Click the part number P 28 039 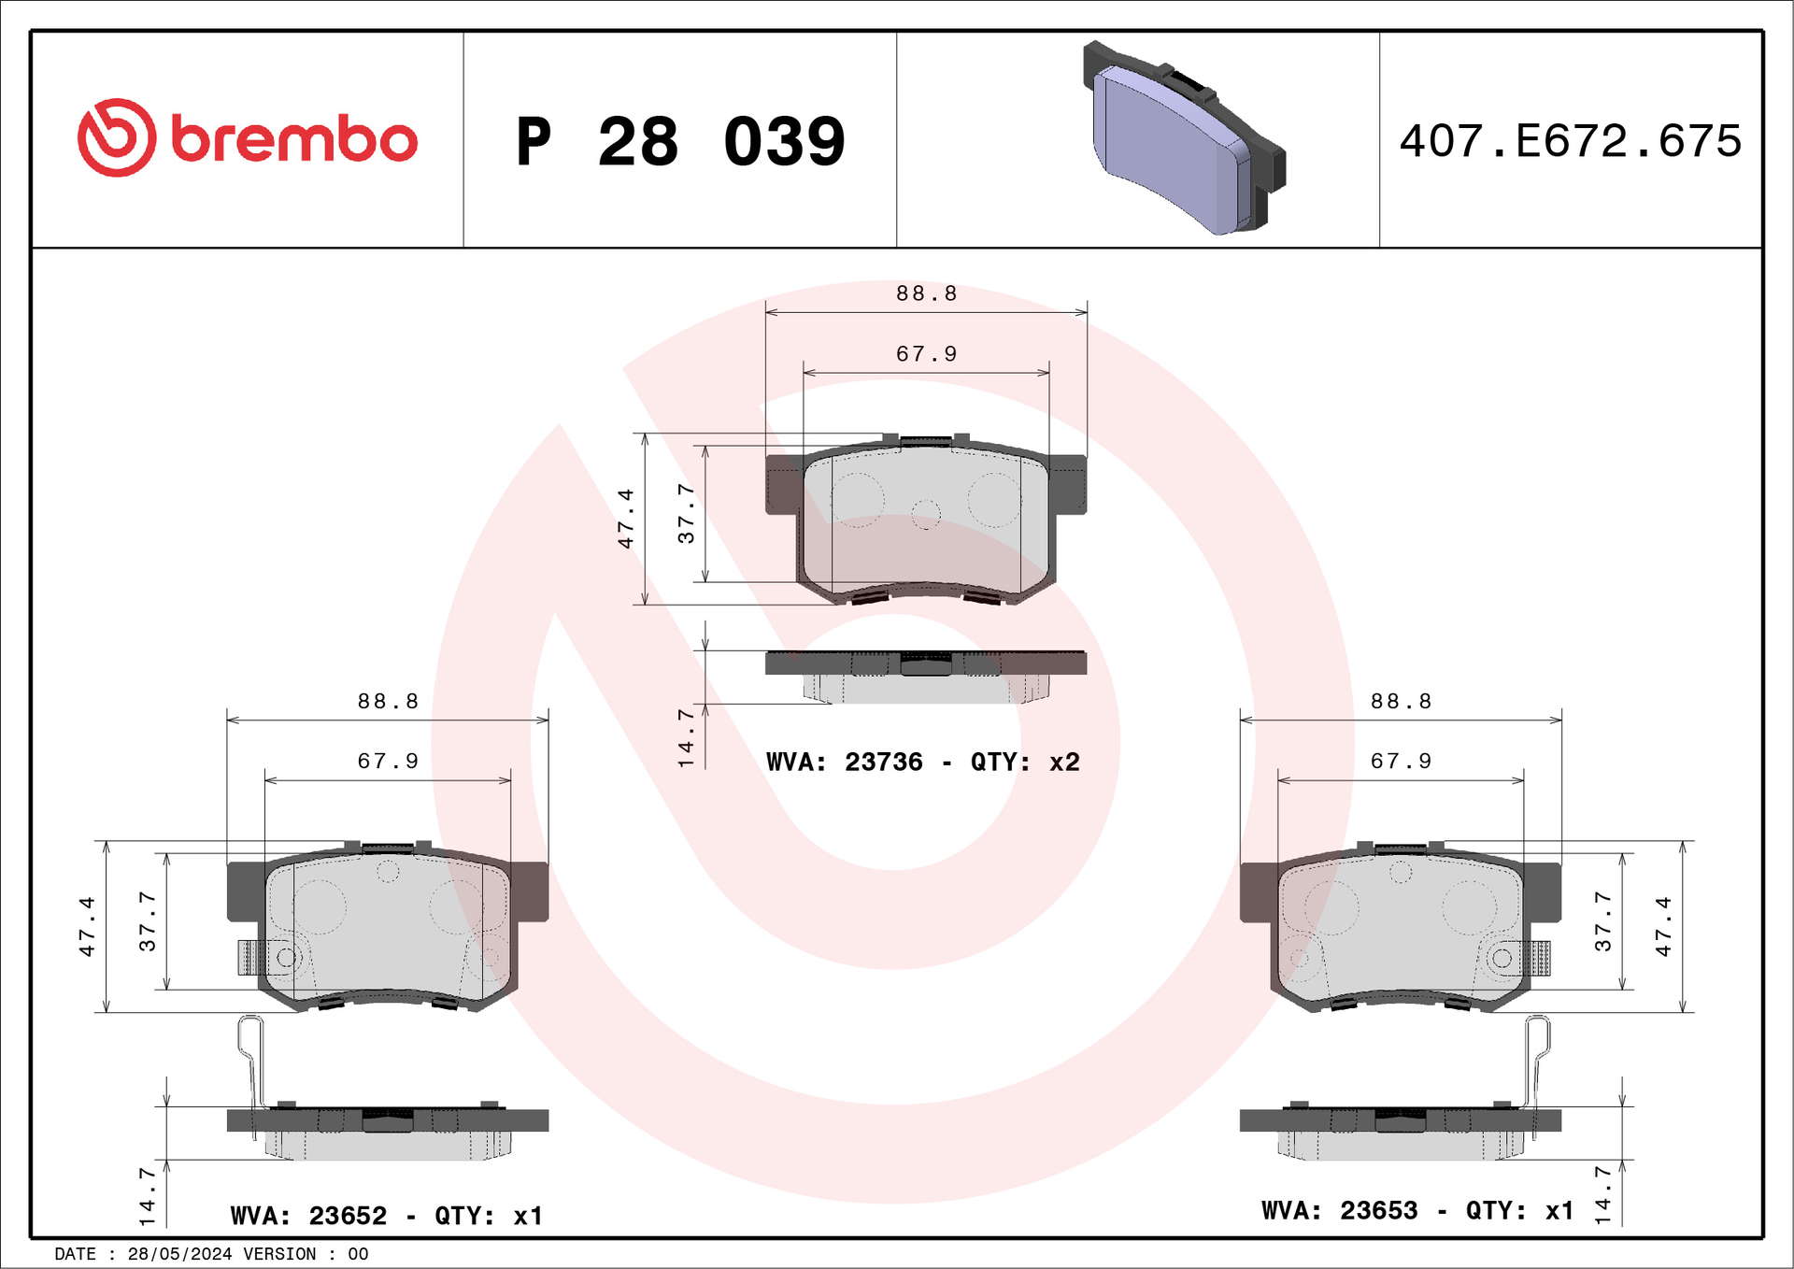click(x=680, y=142)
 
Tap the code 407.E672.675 click(x=1571, y=141)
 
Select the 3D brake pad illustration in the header click(x=1184, y=137)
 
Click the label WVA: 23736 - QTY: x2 click(x=922, y=763)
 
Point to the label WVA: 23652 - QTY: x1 click(x=386, y=1216)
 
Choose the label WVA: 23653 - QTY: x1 click(x=1417, y=1210)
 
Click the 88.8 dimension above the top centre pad click(x=926, y=293)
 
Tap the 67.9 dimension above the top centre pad click(x=926, y=354)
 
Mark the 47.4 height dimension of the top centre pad click(x=625, y=518)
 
